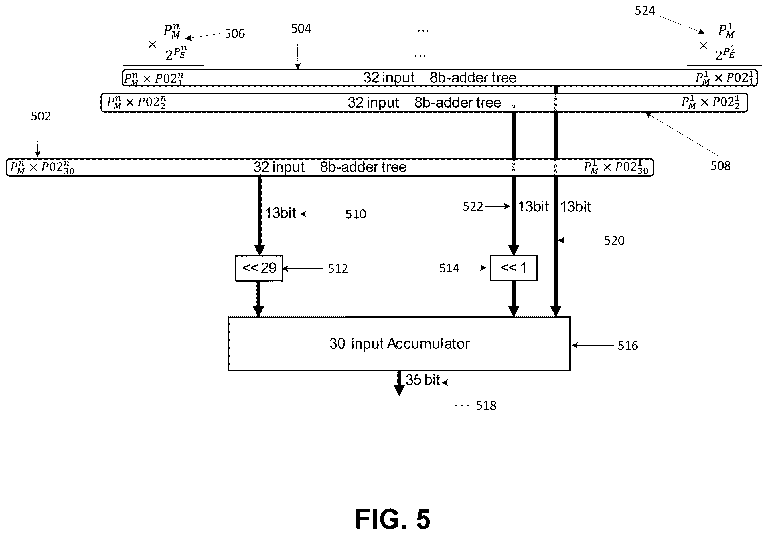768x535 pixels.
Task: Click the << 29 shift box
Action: (x=259, y=268)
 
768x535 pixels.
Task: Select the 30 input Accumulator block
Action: (x=399, y=344)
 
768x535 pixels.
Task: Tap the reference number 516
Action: (x=627, y=345)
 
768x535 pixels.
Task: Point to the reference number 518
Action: (x=486, y=405)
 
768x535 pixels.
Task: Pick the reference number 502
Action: (x=41, y=116)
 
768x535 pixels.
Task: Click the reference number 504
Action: (x=301, y=29)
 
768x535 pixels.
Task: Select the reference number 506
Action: (x=234, y=33)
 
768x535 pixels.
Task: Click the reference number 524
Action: (x=645, y=11)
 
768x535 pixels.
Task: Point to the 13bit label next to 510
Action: (x=280, y=213)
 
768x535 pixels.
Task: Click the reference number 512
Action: (x=337, y=269)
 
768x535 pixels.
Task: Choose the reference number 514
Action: (x=449, y=268)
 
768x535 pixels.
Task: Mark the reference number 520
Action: (x=614, y=241)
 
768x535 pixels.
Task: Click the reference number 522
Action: (x=473, y=206)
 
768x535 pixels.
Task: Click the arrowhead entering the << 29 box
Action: (x=259, y=250)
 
